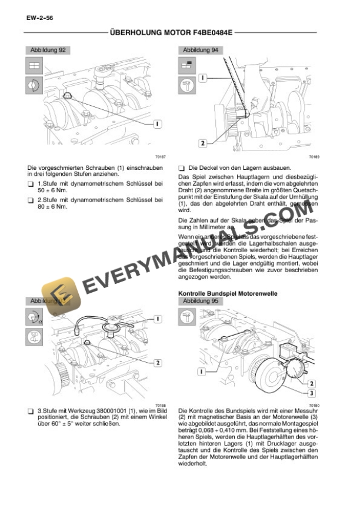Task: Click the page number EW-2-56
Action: (39, 19)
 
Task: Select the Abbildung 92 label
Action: (48, 51)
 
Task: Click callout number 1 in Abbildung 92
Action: (158, 123)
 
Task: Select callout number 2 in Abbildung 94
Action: (202, 143)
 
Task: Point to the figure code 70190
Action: (312, 406)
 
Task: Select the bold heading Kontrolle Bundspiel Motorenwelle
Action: (227, 293)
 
